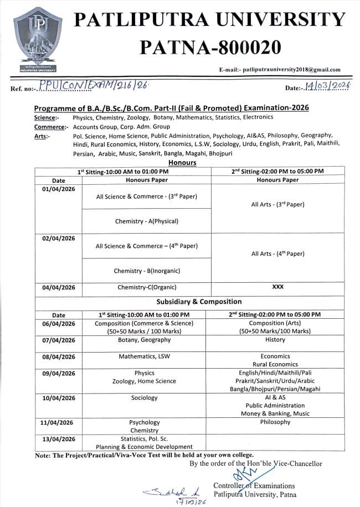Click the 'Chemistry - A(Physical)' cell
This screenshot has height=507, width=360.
click(146, 221)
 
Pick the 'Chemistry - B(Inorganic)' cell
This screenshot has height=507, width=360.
click(146, 271)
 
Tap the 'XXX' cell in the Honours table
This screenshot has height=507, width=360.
click(277, 287)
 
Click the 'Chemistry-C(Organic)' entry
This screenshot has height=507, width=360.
click(146, 287)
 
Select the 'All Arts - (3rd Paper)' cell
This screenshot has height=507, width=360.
click(277, 205)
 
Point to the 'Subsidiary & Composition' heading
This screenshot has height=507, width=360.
click(198, 302)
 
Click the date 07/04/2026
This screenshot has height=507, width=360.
click(58, 340)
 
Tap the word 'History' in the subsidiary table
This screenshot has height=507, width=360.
click(275, 340)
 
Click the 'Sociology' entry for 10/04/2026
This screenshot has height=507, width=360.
click(144, 398)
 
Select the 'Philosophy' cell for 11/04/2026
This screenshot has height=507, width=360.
click(275, 422)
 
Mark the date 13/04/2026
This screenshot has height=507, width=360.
click(58, 439)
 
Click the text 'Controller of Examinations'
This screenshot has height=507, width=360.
click(254, 485)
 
